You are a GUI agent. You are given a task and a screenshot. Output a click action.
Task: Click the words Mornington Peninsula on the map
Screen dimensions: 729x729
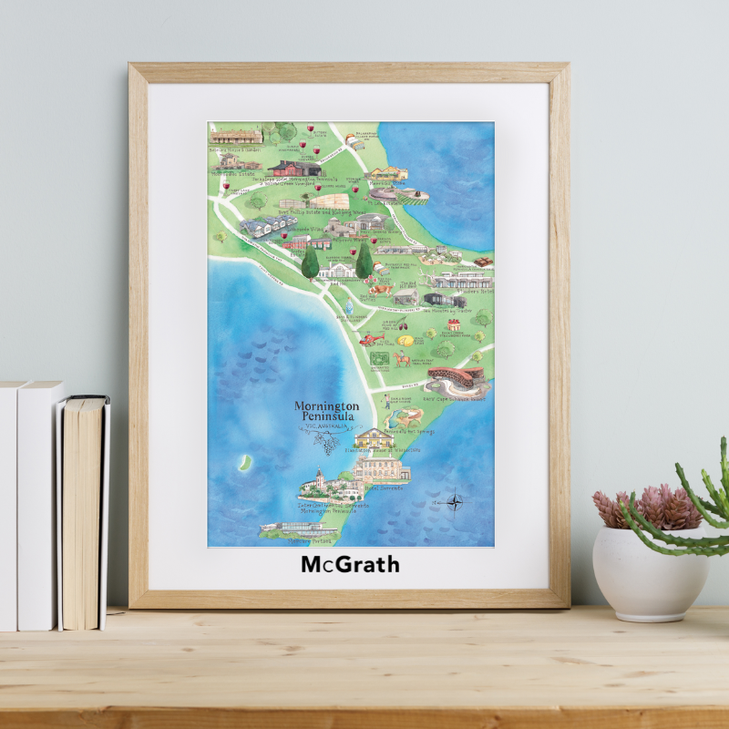pyautogui.click(x=326, y=411)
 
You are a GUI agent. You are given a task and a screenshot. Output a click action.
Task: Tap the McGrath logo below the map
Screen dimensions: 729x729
pyautogui.click(x=350, y=565)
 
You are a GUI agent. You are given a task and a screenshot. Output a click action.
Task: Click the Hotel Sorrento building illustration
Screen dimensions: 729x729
pyautogui.click(x=382, y=469)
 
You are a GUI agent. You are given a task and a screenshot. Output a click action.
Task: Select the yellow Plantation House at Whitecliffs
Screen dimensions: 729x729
pyautogui.click(x=373, y=438)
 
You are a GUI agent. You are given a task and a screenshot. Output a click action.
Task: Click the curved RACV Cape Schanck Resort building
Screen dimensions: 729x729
pyautogui.click(x=456, y=379)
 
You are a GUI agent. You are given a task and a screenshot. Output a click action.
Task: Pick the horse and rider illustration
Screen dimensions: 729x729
pyautogui.click(x=402, y=359)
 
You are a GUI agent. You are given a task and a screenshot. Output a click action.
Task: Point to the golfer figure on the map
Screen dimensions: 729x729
pyautogui.click(x=384, y=401)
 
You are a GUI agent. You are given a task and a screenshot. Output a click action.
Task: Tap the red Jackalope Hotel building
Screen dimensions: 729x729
pyautogui.click(x=294, y=168)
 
